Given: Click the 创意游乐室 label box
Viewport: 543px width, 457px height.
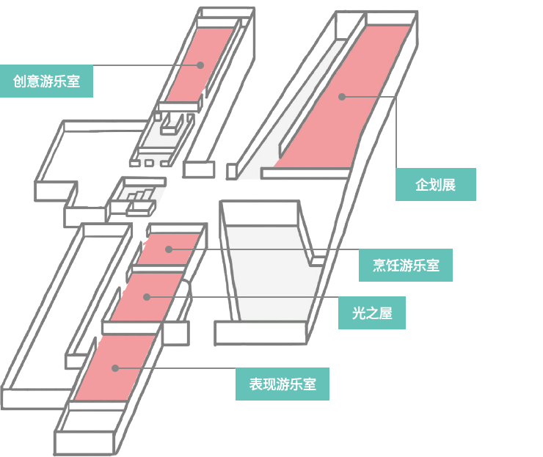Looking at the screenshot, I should (47, 81).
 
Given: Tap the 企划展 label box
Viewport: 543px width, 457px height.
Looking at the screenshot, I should (435, 185).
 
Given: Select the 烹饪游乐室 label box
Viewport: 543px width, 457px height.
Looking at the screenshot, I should (405, 266).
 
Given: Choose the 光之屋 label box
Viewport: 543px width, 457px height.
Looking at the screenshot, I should (372, 313).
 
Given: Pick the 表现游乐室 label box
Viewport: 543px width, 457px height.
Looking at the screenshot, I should (282, 384).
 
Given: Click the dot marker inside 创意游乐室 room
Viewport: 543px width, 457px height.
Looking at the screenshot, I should (200, 65).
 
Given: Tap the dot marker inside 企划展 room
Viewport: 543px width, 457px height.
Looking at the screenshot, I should (342, 96).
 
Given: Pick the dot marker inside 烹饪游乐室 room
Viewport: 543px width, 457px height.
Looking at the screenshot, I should (169, 249).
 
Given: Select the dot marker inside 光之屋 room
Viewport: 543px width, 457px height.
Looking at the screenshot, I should (147, 297).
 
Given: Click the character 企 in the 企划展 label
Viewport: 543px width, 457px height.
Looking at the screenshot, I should (422, 185).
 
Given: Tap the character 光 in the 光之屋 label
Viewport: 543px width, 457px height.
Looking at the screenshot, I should (359, 313).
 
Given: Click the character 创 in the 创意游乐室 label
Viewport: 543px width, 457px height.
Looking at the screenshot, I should (20, 81).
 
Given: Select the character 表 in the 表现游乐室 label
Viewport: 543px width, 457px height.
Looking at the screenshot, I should (255, 384).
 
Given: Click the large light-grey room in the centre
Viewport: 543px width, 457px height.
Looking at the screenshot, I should (268, 271).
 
